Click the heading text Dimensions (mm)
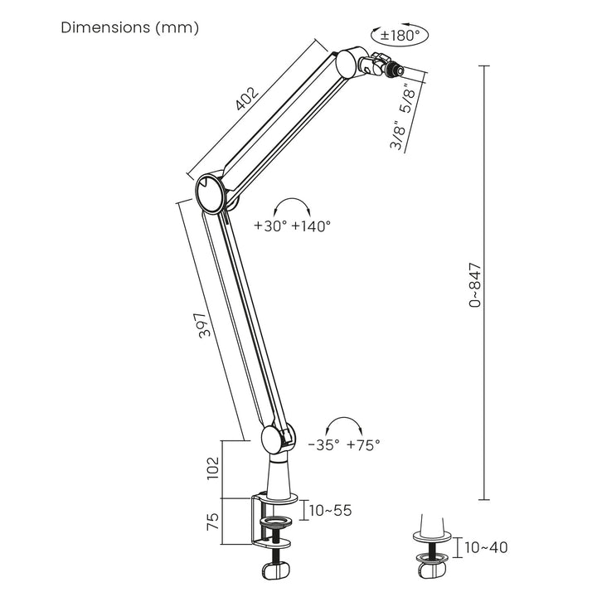pos(130,28)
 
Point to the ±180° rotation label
pos(401,36)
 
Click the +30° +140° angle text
pos(293,226)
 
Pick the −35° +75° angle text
pos(343,444)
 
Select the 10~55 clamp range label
pos(330,510)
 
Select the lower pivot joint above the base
pos(274,439)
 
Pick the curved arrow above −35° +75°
pos(343,425)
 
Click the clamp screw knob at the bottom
pos(275,571)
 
